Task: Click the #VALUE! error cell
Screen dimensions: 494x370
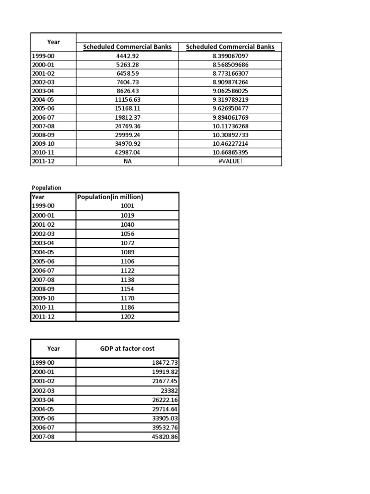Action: pyautogui.click(x=230, y=162)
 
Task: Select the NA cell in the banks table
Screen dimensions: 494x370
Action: pyautogui.click(x=127, y=162)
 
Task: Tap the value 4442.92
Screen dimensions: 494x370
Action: pyautogui.click(x=127, y=56)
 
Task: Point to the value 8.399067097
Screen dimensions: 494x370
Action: pyautogui.click(x=230, y=56)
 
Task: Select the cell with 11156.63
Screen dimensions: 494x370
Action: pyautogui.click(x=127, y=100)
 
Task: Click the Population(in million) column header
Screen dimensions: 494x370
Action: pyautogui.click(x=110, y=197)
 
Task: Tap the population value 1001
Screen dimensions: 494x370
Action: pyautogui.click(x=127, y=206)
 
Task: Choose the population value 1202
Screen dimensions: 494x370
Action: pyautogui.click(x=127, y=317)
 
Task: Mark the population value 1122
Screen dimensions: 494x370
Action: pyautogui.click(x=127, y=271)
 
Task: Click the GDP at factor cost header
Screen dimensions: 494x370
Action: pyautogui.click(x=127, y=348)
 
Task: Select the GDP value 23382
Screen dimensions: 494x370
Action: pyautogui.click(x=169, y=390)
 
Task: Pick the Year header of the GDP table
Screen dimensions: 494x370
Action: pyautogui.click(x=53, y=348)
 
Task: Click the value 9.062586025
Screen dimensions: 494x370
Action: pyautogui.click(x=230, y=91)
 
